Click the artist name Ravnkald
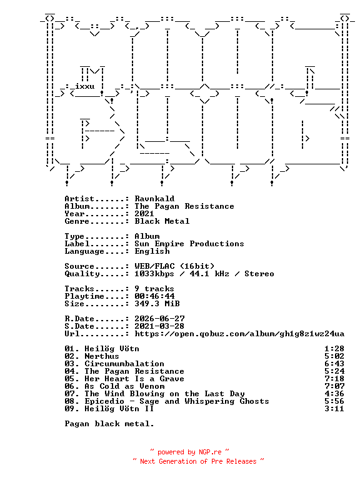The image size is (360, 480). click(154, 199)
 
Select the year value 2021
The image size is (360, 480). click(144, 214)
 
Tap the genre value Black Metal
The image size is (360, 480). click(162, 221)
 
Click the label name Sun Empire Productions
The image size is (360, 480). click(189, 244)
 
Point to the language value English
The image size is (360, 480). click(152, 251)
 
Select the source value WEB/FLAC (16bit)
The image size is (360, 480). click(174, 266)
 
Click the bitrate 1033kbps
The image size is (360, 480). click(154, 274)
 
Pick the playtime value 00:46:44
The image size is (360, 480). click(154, 296)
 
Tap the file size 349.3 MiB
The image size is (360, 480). click(157, 304)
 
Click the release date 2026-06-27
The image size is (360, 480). click(159, 319)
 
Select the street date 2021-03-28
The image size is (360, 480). click(159, 326)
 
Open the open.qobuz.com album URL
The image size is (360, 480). click(239, 334)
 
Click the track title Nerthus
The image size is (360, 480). click(102, 356)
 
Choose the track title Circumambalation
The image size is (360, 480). click(124, 364)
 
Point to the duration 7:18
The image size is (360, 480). click(334, 379)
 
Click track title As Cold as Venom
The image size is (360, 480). click(124, 386)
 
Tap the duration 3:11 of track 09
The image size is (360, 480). click(334, 409)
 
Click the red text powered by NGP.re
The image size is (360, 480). click(189, 452)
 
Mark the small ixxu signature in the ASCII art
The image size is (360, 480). click(85, 86)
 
